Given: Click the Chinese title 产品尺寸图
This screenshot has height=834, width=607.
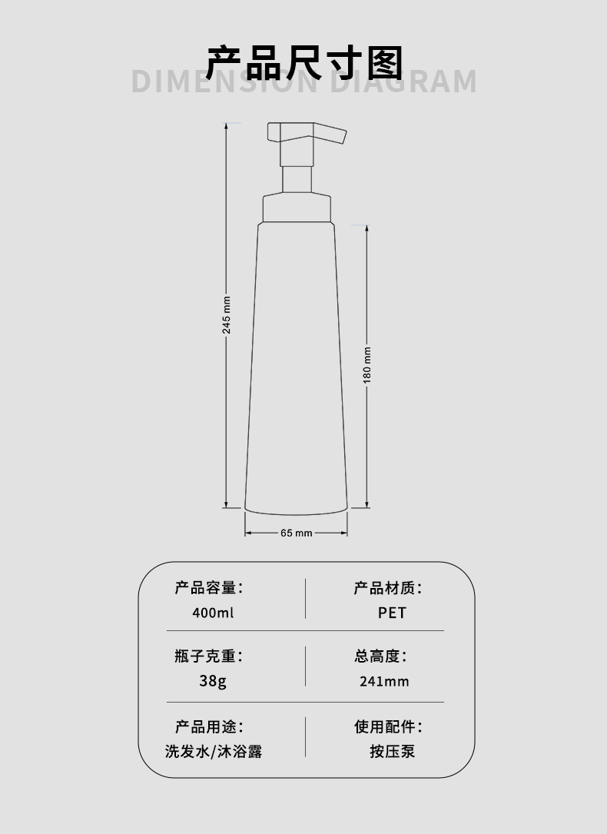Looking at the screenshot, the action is pyautogui.click(x=304, y=63).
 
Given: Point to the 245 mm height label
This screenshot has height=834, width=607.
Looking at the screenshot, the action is pyautogui.click(x=227, y=314).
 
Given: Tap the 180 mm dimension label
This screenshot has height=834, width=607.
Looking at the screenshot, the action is pyautogui.click(x=367, y=365).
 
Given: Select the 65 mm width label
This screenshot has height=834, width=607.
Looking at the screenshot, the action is pyautogui.click(x=297, y=533).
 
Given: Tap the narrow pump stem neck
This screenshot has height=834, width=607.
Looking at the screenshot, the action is pyautogui.click(x=297, y=179).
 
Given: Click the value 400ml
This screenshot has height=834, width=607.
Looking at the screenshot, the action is pyautogui.click(x=213, y=613).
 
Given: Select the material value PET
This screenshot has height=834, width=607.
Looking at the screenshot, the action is pyautogui.click(x=392, y=613).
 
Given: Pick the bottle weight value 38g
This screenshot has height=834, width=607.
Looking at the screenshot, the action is pyautogui.click(x=213, y=680).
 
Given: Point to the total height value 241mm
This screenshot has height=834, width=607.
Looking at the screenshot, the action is pyautogui.click(x=384, y=681).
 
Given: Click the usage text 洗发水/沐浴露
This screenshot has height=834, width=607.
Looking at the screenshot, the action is pyautogui.click(x=214, y=751).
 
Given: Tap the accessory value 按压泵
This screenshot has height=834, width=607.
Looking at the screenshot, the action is pyautogui.click(x=392, y=751).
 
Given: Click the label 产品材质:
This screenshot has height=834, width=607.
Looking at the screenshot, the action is pyautogui.click(x=388, y=589).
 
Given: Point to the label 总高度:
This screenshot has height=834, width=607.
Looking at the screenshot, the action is pyautogui.click(x=380, y=656).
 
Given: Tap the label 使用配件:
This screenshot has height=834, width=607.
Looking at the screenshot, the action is pyautogui.click(x=388, y=726).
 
